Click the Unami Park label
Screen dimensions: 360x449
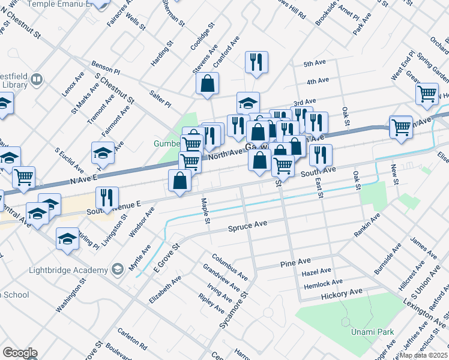click(x=367, y=332)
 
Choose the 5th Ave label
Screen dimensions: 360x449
click(x=314, y=64)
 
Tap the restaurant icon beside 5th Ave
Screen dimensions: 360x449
click(x=256, y=62)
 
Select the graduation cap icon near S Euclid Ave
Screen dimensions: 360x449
click(x=103, y=153)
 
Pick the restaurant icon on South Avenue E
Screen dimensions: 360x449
click(x=107, y=197)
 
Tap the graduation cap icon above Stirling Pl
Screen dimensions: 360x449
click(x=67, y=238)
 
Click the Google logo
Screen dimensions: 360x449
click(x=19, y=353)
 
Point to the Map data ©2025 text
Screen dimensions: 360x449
click(x=424, y=355)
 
